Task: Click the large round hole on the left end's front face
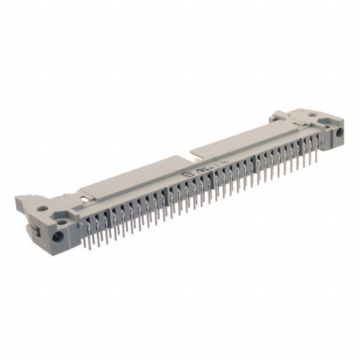click(x=56, y=236)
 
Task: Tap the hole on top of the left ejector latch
click(x=42, y=209)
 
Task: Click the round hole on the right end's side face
click(x=339, y=133)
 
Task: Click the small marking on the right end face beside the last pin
click(x=323, y=145)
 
